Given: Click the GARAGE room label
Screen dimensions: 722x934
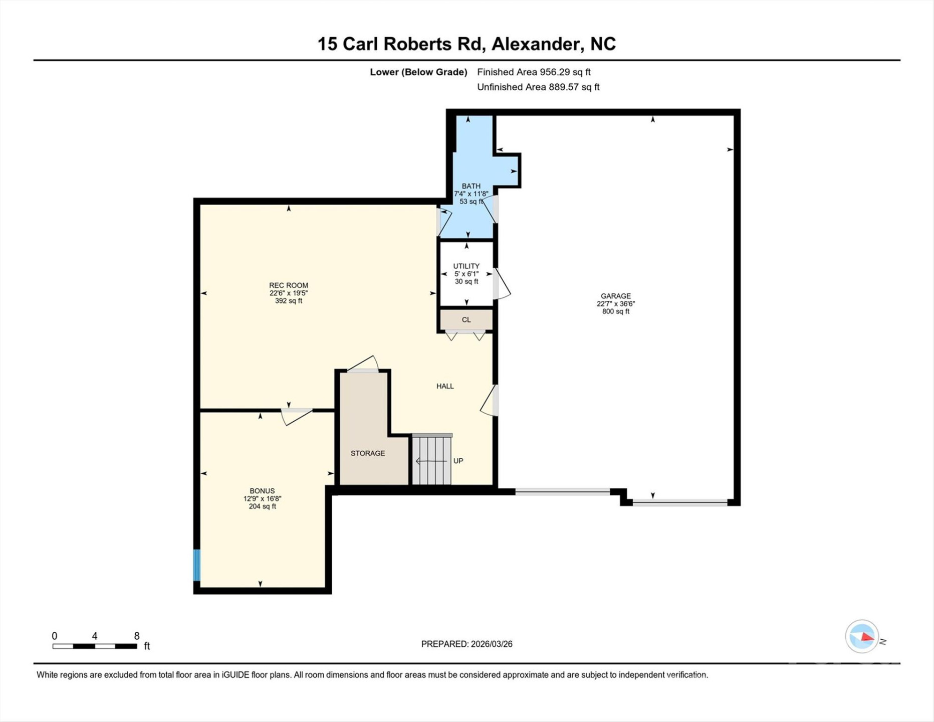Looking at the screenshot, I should [615, 296].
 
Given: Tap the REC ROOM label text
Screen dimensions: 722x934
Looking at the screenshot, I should [288, 286].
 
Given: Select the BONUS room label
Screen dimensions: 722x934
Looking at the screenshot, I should [262, 491].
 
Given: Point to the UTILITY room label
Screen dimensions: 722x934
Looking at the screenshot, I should [466, 266].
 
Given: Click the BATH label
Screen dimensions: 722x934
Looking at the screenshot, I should [471, 186].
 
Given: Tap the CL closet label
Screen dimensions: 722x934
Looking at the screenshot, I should [466, 320].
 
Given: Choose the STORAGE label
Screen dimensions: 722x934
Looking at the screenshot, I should [368, 453].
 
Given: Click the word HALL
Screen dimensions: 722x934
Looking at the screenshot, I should [444, 386].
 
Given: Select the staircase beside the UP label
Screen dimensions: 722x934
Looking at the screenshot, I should [431, 461].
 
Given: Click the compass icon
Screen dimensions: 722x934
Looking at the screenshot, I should [862, 636].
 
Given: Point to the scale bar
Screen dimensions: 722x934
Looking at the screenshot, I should [95, 646].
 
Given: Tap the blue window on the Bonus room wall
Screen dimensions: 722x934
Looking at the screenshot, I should [197, 565].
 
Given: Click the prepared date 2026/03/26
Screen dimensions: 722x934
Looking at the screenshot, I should [466, 644].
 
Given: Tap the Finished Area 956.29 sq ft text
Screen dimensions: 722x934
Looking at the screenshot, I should [533, 72].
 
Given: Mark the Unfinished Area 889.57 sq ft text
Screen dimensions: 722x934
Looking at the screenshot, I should [538, 87].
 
